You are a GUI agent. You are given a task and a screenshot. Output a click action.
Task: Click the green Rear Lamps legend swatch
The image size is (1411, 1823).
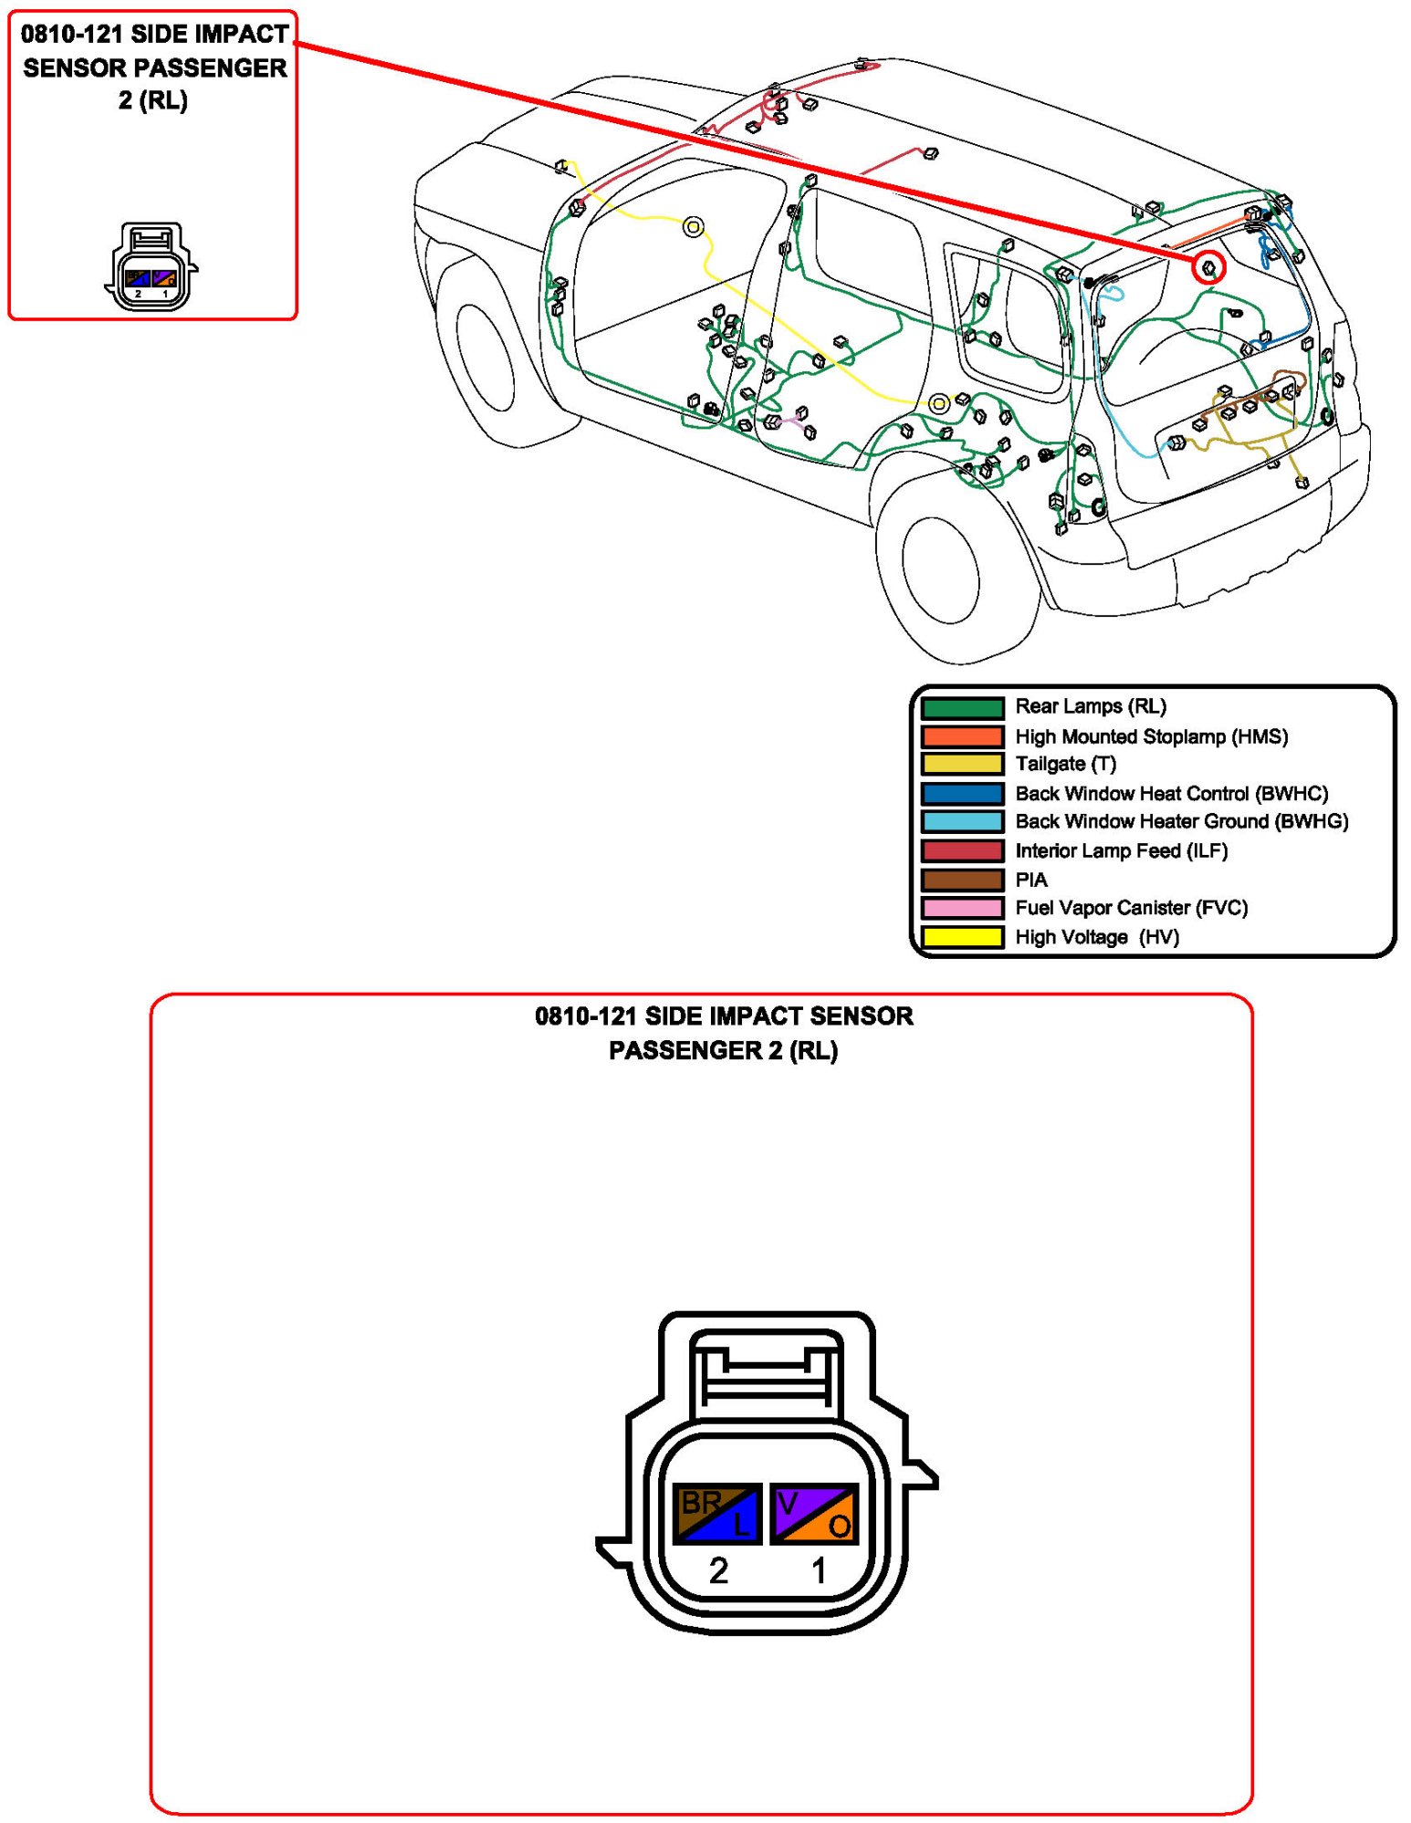coord(962,707)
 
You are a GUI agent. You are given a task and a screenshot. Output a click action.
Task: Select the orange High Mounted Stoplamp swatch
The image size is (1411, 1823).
coord(962,735)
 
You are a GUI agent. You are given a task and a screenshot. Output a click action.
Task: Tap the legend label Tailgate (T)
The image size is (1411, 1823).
coord(1065,764)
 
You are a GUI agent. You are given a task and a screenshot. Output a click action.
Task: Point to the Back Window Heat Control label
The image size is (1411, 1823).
coord(1171,793)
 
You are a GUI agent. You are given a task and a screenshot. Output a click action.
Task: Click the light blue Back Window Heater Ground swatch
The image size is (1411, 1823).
coord(962,821)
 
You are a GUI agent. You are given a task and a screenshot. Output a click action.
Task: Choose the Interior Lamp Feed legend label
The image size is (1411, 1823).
coord(1121,850)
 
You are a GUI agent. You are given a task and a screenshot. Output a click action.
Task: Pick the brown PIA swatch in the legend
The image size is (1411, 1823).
coord(962,880)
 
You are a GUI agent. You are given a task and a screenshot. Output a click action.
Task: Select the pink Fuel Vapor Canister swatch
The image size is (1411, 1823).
coord(962,908)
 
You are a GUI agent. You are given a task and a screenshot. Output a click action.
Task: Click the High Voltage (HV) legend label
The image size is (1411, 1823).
coord(1096,937)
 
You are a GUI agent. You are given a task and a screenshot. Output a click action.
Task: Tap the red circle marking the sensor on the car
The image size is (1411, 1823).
coord(1208,267)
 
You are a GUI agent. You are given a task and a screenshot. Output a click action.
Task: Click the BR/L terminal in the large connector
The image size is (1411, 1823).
coord(717,1514)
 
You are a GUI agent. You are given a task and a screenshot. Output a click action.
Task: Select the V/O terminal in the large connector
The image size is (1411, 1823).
coord(815,1514)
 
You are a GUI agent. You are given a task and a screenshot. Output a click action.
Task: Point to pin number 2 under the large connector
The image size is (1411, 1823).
coord(718,1570)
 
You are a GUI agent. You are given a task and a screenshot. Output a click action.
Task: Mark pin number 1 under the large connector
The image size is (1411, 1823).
coord(819,1570)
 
